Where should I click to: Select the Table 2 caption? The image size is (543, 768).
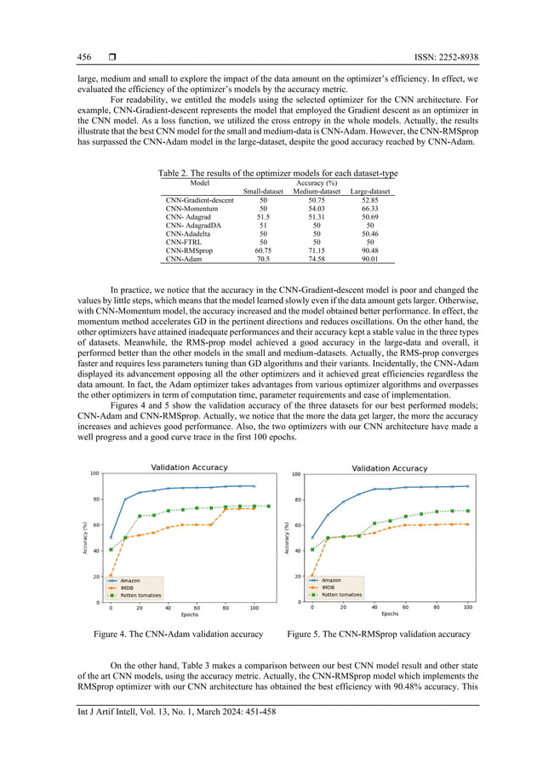[277, 174]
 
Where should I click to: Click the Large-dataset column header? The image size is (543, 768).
[369, 192]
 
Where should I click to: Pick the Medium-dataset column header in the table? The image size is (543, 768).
[316, 192]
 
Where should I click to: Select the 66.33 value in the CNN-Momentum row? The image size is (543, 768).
[369, 209]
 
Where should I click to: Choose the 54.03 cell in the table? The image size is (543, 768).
[316, 209]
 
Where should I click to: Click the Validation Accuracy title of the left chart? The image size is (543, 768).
[189, 467]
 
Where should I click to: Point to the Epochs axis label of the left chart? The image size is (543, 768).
[188, 613]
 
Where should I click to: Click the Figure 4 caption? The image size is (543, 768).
[178, 634]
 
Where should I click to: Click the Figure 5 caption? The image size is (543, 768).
[379, 634]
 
